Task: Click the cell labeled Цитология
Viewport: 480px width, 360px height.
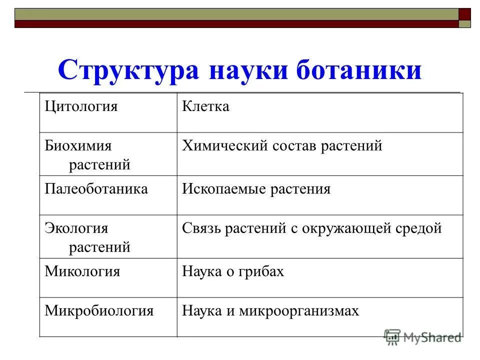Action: (x=81, y=106)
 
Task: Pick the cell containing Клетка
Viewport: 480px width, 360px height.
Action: (x=205, y=106)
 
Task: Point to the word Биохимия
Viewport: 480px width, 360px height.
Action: (x=78, y=146)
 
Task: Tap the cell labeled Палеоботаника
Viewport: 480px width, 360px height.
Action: (x=96, y=189)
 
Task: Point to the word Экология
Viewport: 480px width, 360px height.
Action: (x=76, y=228)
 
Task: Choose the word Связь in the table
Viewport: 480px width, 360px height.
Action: (x=201, y=228)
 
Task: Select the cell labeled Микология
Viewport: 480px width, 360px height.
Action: (x=82, y=271)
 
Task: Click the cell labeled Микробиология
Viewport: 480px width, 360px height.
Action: (x=98, y=310)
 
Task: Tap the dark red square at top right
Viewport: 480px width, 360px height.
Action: (x=465, y=14)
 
